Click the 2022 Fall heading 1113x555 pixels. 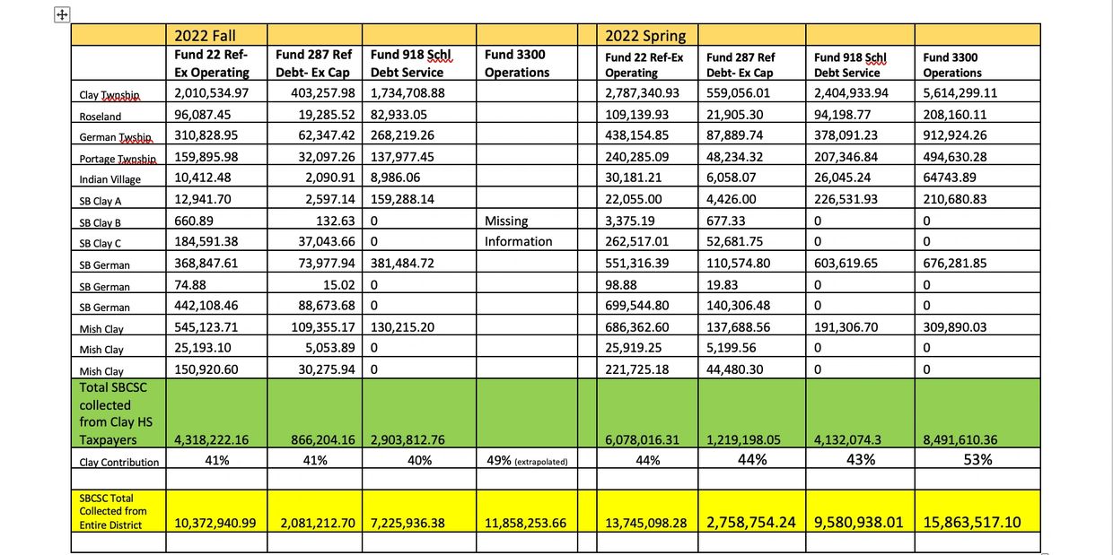click(205, 35)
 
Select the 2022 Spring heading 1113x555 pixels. click(644, 35)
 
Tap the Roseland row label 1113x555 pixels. click(100, 116)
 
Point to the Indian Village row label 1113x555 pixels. click(112, 178)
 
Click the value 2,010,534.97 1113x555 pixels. click(212, 92)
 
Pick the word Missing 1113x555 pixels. click(507, 220)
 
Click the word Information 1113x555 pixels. click(519, 240)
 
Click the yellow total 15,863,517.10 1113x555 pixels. click(976, 521)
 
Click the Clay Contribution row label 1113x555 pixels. click(118, 462)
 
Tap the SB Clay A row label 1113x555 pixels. click(103, 200)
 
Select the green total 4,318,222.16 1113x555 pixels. click(212, 440)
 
